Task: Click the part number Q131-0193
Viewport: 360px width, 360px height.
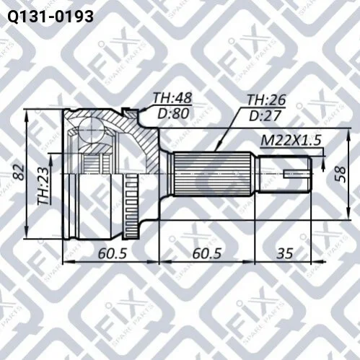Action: (51, 17)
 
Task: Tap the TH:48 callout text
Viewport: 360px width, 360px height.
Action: (172, 98)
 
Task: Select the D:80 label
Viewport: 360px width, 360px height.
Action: (173, 113)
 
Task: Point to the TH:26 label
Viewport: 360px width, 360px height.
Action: (266, 100)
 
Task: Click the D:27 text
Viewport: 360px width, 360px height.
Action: (265, 115)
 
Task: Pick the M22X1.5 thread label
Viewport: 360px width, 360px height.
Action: (291, 140)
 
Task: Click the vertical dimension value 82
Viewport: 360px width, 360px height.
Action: (19, 172)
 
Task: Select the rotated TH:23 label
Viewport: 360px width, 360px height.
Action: (43, 186)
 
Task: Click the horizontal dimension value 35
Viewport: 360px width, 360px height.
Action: (285, 253)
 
